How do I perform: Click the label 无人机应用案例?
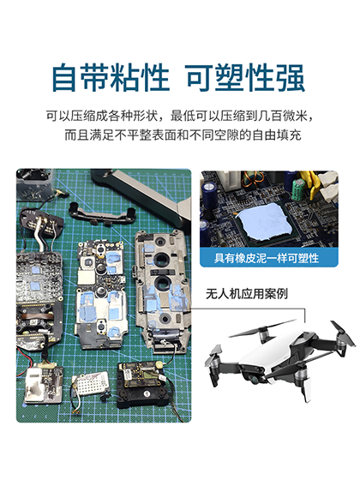(249, 293)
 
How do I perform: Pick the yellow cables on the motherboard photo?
(326, 183)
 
